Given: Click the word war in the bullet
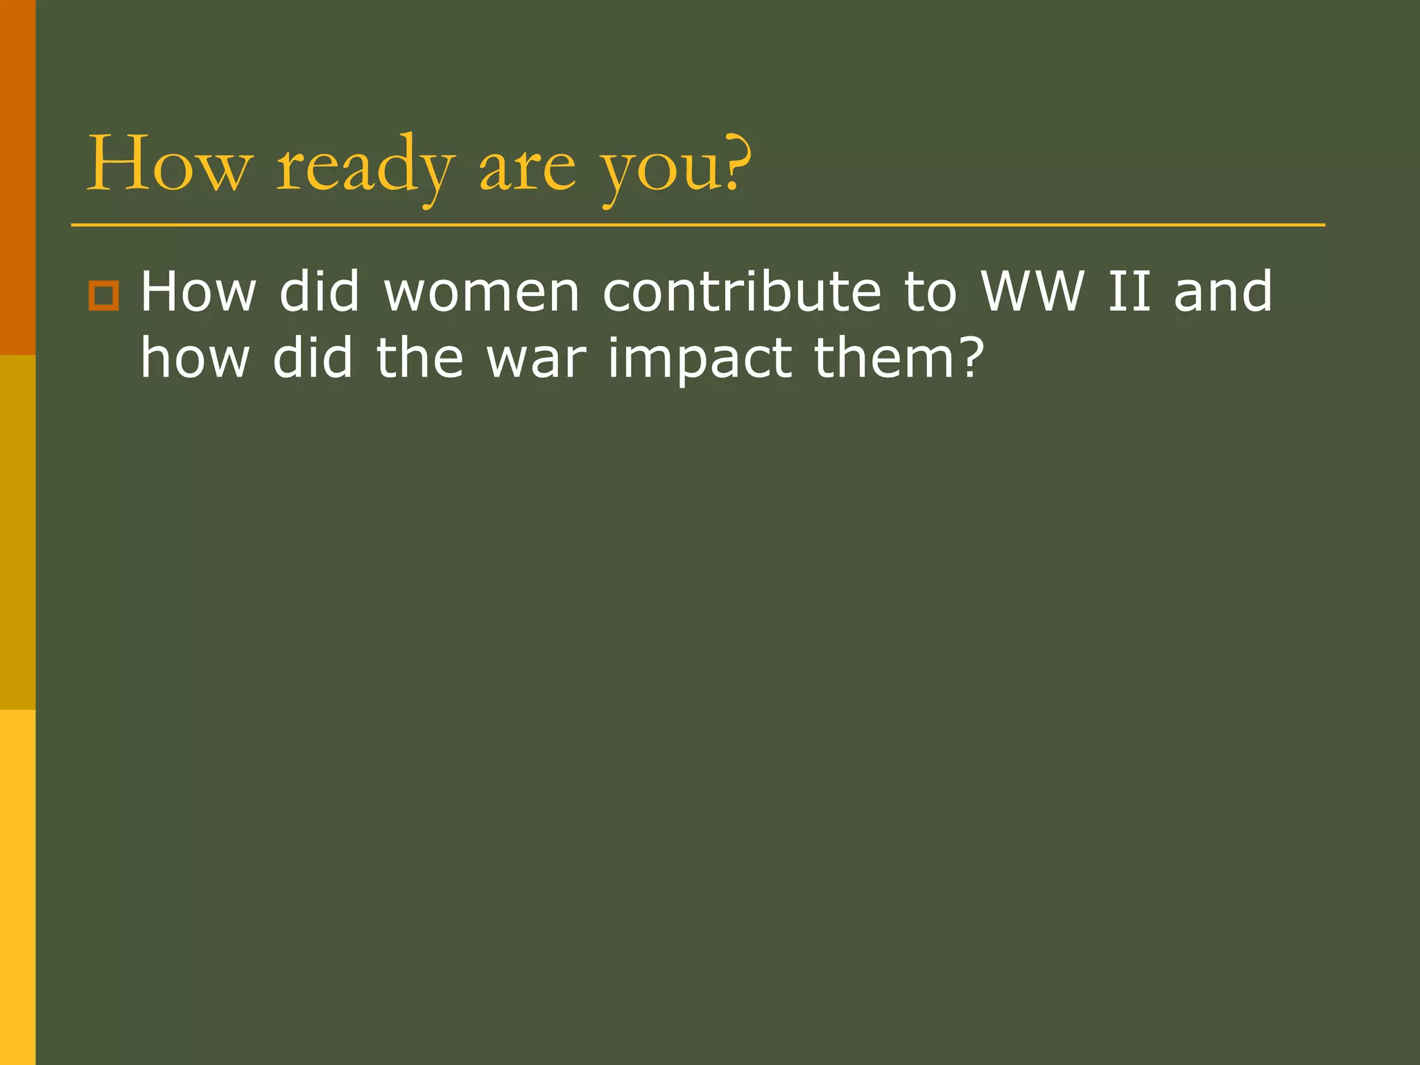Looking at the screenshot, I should (x=536, y=358).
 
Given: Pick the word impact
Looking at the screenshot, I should (x=700, y=358).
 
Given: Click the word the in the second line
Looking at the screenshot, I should (x=419, y=358).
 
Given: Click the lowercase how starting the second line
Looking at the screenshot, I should (x=195, y=358).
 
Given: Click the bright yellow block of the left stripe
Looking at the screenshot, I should (x=17, y=887).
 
